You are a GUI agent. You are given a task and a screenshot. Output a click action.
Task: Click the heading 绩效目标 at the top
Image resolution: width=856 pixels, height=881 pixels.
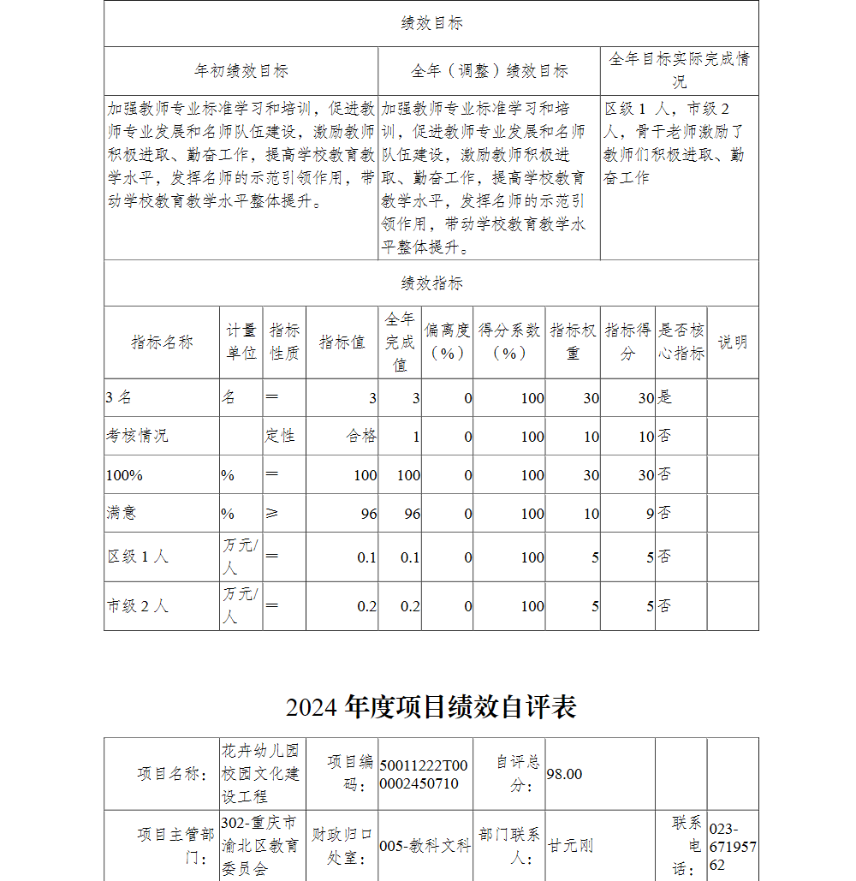pyautogui.click(x=431, y=24)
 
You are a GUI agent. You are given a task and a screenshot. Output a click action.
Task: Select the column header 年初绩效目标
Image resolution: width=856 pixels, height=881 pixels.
pyautogui.click(x=241, y=71)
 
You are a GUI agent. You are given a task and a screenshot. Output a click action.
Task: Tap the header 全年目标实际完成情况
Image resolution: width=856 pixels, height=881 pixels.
pyautogui.click(x=679, y=70)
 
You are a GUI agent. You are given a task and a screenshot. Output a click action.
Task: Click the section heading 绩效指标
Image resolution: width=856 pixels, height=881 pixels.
pyautogui.click(x=431, y=283)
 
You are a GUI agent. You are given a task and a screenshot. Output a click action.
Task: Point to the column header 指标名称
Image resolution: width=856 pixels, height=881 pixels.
pyautogui.click(x=162, y=342)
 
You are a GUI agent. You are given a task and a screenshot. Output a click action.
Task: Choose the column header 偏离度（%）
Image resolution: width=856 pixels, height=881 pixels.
pyautogui.click(x=447, y=342)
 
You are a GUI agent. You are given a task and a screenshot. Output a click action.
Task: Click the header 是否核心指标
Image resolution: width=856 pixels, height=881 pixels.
pyautogui.click(x=681, y=342)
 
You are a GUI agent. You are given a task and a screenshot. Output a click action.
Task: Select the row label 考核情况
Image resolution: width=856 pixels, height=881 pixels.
pyautogui.click(x=137, y=436)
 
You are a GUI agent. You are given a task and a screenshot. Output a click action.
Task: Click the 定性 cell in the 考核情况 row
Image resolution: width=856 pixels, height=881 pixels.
pyautogui.click(x=279, y=436)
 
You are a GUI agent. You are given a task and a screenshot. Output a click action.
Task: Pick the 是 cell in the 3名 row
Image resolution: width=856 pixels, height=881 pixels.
pyautogui.click(x=665, y=397)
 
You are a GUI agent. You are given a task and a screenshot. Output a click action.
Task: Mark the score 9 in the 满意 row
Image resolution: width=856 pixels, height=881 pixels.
pyautogui.click(x=650, y=514)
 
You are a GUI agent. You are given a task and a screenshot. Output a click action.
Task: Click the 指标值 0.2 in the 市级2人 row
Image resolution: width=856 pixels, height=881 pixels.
pyautogui.click(x=366, y=606)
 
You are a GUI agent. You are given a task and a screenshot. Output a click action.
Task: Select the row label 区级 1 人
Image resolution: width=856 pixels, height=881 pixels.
pyautogui.click(x=138, y=557)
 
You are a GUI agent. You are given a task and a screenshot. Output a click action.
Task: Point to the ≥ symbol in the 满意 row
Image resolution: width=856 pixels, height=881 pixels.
pyautogui.click(x=272, y=514)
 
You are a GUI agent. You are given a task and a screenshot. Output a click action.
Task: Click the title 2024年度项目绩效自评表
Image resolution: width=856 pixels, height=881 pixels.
pyautogui.click(x=431, y=706)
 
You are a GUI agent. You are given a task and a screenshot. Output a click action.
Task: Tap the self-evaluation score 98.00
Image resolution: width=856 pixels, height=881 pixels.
pyautogui.click(x=564, y=774)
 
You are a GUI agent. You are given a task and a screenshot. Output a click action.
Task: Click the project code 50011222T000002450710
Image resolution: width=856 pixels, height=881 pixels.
pyautogui.click(x=424, y=774)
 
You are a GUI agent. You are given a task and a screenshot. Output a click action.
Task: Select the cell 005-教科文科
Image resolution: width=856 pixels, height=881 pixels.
pyautogui.click(x=425, y=846)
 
